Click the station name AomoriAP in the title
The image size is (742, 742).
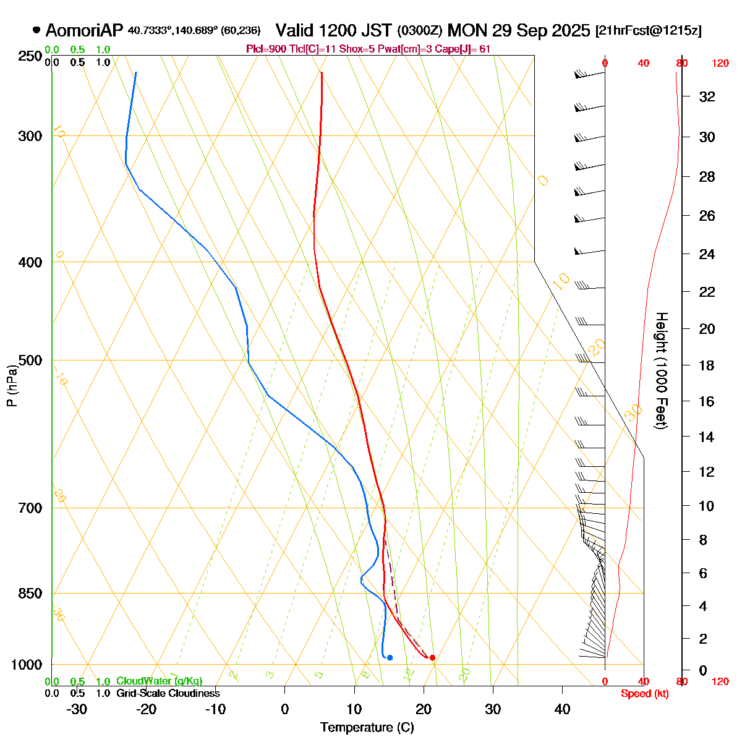pyautogui.click(x=85, y=30)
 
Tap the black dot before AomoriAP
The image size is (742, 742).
pyautogui.click(x=36, y=30)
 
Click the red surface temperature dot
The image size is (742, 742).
pyautogui.click(x=432, y=657)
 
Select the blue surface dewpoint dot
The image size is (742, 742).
pyautogui.click(x=390, y=657)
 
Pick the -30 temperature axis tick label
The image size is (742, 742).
pyautogui.click(x=76, y=709)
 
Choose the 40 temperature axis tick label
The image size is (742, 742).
pyautogui.click(x=562, y=709)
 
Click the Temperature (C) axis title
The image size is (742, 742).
pyautogui.click(x=367, y=727)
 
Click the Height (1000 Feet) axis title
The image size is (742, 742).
pyautogui.click(x=660, y=371)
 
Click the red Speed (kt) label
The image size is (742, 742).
pyautogui.click(x=644, y=694)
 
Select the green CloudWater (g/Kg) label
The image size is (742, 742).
pyautogui.click(x=160, y=681)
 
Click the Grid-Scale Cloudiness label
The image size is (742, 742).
pyautogui.click(x=168, y=694)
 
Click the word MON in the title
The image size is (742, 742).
pyautogui.click(x=466, y=30)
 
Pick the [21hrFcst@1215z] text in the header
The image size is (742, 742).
pyautogui.click(x=648, y=31)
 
